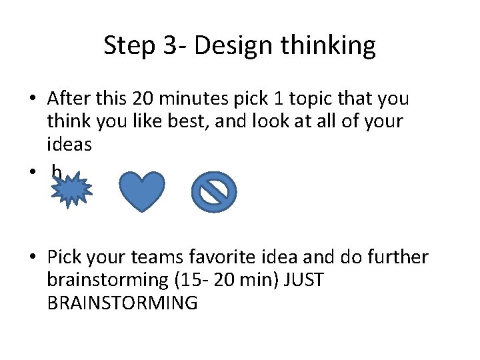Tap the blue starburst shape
[x=72, y=191]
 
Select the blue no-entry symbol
[x=214, y=193]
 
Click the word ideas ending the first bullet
[x=69, y=144]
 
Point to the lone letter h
[x=57, y=173]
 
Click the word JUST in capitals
[x=303, y=279]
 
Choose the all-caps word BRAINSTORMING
[x=123, y=302]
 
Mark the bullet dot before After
[x=31, y=99]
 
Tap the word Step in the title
[x=128, y=46]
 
